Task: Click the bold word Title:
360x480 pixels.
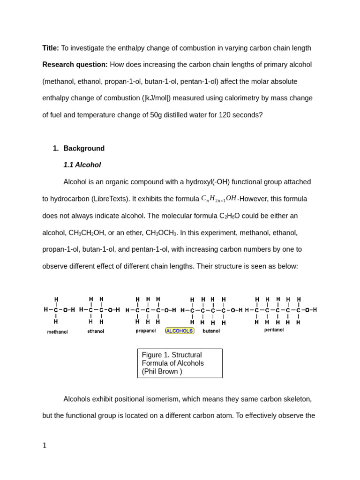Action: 51,48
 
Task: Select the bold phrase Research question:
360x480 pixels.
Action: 75,65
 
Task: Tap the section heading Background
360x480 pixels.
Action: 84,149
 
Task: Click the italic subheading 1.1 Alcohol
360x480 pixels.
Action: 82,165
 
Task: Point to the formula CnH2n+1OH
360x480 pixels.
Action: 219,199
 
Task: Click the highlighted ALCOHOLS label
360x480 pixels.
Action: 180,331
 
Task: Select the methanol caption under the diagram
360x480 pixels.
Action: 57,332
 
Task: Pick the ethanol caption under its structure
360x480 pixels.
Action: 96,331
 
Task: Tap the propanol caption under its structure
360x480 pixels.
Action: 146,331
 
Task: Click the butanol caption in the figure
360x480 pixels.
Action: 211,331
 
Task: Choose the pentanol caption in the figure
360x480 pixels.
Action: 274,330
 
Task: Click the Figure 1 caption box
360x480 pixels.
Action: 180,363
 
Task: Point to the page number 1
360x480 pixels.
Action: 45,446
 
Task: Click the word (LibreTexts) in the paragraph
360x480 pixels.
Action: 110,199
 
